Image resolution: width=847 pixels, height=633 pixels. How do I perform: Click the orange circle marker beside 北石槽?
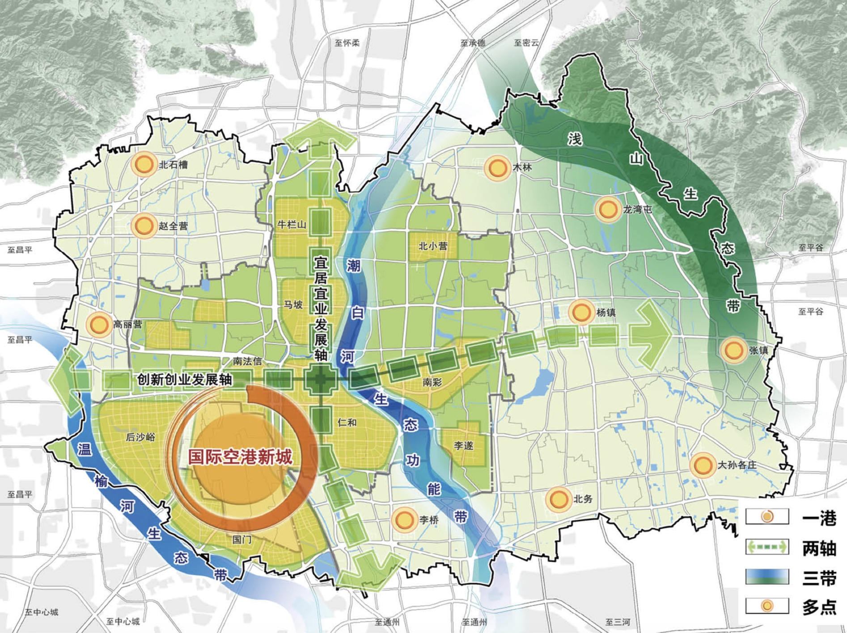144,164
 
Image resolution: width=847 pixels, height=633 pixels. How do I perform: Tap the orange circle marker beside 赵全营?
144,225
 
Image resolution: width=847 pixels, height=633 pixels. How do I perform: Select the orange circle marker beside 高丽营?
98,324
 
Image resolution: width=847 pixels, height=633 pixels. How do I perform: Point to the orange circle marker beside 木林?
496,168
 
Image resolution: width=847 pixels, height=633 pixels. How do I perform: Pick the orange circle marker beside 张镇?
733,350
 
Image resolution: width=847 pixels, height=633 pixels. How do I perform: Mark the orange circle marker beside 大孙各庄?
702,465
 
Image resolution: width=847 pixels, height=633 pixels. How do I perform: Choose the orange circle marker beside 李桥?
404,520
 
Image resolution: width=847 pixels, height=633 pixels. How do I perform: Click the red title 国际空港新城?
240,457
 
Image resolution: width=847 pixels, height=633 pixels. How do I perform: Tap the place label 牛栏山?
292,224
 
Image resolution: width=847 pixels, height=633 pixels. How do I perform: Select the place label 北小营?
432,246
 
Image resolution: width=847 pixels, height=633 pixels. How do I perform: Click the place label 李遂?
463,446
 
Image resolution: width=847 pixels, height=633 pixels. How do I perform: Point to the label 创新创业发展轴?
184,380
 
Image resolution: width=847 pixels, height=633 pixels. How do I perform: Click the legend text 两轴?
819,548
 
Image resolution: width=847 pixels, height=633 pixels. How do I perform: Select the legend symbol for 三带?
767,577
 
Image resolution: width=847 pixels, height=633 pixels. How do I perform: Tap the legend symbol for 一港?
767,517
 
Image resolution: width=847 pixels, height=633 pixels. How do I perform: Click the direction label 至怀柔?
347,43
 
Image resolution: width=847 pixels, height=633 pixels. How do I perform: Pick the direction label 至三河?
618,622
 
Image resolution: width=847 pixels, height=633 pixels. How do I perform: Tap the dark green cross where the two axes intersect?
320,380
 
